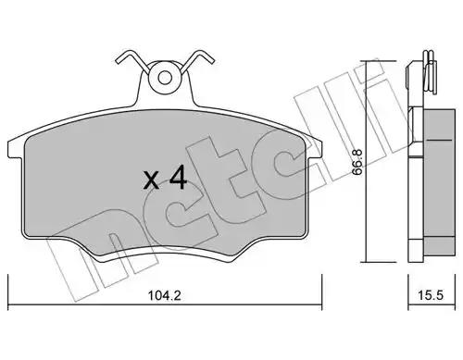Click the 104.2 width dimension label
[164, 295]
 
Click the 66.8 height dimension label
[357, 163]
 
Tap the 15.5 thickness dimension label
[431, 295]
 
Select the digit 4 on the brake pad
[177, 177]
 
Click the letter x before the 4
[152, 181]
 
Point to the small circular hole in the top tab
[165, 78]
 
